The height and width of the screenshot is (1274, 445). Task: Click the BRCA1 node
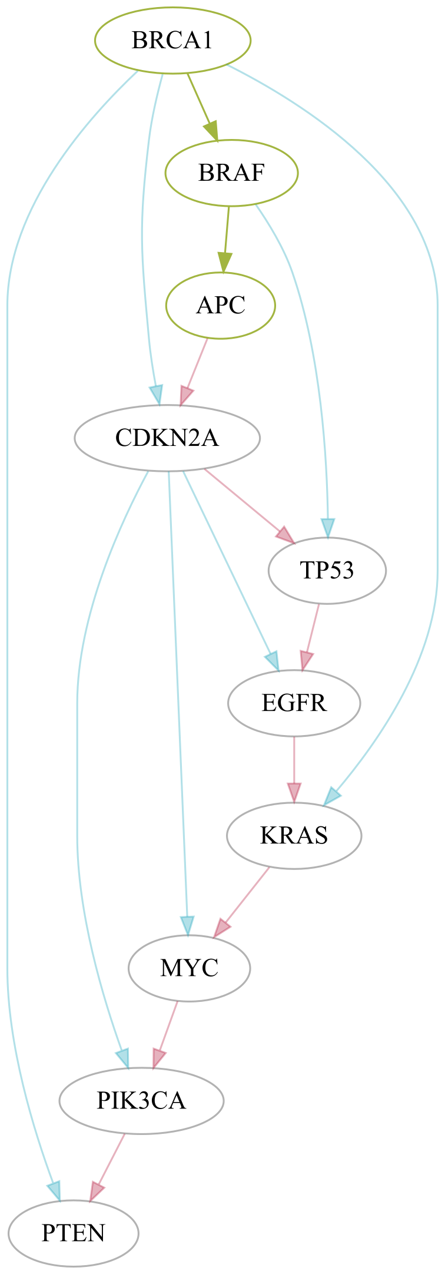pos(172,41)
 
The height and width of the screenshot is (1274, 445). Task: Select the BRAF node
pos(231,173)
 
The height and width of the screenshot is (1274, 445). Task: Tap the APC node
pos(221,306)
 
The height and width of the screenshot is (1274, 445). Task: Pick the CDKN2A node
pos(167,438)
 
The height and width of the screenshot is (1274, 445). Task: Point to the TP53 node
pos(327,571)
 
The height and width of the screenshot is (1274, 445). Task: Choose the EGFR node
pos(294,703)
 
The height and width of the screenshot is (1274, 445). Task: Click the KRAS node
pos(294,836)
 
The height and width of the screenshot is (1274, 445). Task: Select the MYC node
pos(190,968)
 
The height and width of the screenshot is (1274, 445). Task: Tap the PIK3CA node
pos(141,1101)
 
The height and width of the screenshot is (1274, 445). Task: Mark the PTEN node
pos(74,1233)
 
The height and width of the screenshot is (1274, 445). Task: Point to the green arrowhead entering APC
pos(224,263)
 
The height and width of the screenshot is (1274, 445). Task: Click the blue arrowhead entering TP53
pos(328,528)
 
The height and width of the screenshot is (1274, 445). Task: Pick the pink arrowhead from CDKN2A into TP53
pos(285,535)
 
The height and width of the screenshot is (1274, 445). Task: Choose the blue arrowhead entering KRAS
pos(331,796)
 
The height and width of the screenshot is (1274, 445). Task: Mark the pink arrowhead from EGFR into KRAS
pos(294,793)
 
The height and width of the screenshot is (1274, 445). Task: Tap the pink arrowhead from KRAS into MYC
pos(221,929)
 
